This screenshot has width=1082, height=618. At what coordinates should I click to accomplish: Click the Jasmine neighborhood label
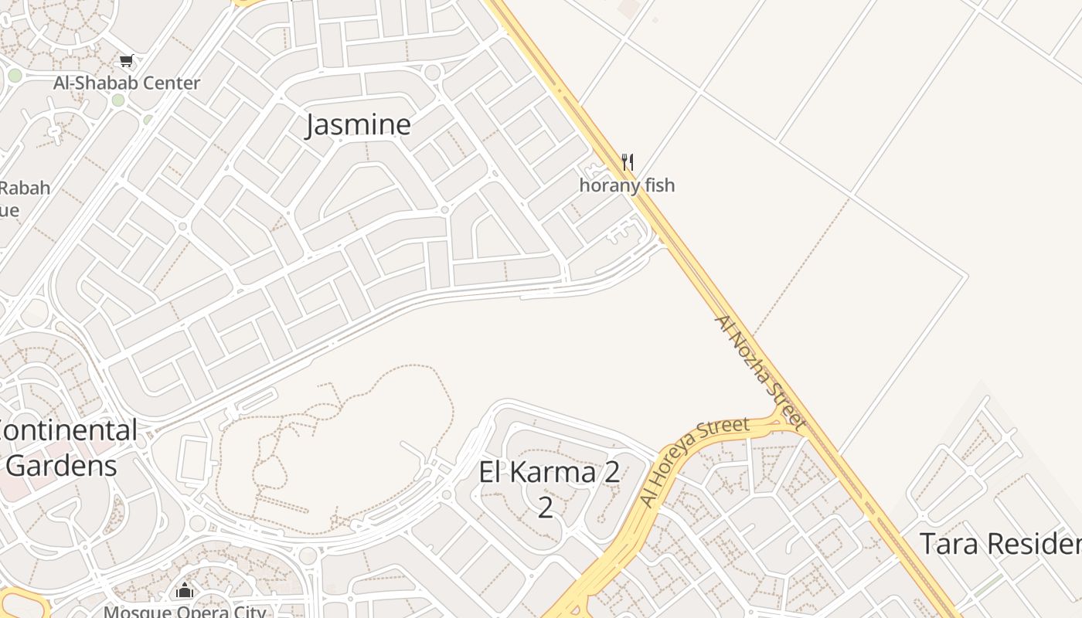[x=358, y=124]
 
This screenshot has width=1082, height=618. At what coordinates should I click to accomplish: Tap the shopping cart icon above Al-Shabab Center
[x=127, y=61]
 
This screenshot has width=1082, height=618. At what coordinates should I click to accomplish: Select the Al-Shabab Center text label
[x=127, y=83]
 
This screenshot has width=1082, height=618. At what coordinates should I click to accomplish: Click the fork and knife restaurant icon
[x=628, y=162]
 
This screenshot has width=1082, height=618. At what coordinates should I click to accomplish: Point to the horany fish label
[x=627, y=185]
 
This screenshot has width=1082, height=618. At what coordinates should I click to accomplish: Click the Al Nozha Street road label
[x=760, y=372]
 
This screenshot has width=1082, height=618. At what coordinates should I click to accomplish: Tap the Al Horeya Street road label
[x=694, y=461]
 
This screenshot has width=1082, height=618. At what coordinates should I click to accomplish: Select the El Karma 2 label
[x=549, y=472]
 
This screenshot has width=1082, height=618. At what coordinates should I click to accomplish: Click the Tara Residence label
[x=1000, y=544]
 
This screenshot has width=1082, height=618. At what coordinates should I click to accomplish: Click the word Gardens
[x=61, y=466]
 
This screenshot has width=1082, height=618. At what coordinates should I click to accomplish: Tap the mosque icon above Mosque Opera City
[x=185, y=591]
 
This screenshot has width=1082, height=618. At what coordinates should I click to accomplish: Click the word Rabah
[x=25, y=188]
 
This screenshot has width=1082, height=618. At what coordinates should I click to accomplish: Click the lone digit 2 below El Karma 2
[x=546, y=508]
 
